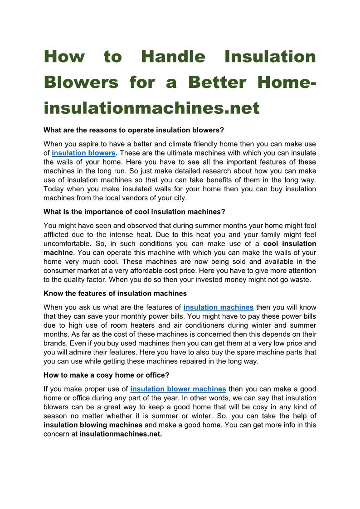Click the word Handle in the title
click(173, 57)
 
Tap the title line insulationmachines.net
click(151, 108)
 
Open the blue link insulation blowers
click(83, 153)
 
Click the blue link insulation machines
click(219, 307)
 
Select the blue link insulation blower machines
click(178, 389)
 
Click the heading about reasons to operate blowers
click(134, 130)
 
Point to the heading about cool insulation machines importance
click(134, 212)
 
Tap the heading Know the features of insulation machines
click(115, 293)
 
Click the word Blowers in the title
click(81, 82)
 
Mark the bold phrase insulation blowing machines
click(93, 425)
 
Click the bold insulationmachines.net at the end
click(121, 434)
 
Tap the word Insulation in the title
click(270, 57)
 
